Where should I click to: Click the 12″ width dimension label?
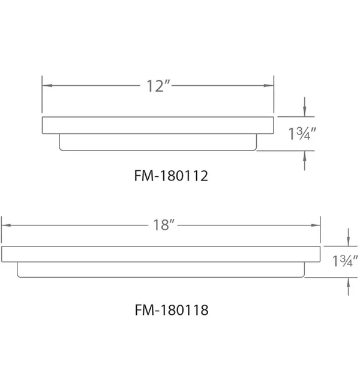(x=158, y=86)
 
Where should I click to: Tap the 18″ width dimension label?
(x=164, y=225)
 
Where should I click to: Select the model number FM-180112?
(x=171, y=176)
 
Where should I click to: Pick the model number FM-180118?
(x=172, y=310)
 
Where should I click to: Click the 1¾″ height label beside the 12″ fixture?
(x=302, y=133)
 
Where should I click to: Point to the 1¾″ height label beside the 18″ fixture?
(x=345, y=261)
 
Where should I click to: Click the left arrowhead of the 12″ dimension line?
(x=47, y=86)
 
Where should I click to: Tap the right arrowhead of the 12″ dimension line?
(x=269, y=86)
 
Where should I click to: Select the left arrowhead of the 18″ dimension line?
(x=6, y=225)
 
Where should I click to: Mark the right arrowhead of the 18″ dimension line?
(x=316, y=225)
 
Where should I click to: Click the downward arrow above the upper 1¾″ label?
(x=304, y=107)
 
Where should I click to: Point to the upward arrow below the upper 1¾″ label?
(x=304, y=161)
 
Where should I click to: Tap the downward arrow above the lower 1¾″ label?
(x=348, y=237)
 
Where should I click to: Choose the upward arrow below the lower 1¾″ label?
(x=348, y=287)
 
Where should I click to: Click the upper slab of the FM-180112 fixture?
(x=158, y=125)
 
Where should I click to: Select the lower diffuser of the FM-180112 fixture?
(x=158, y=142)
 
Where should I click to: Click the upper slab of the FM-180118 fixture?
(x=161, y=254)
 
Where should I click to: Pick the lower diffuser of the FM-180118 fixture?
(x=161, y=270)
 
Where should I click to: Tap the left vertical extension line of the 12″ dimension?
(x=42, y=94)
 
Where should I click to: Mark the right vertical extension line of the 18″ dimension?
(x=320, y=230)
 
